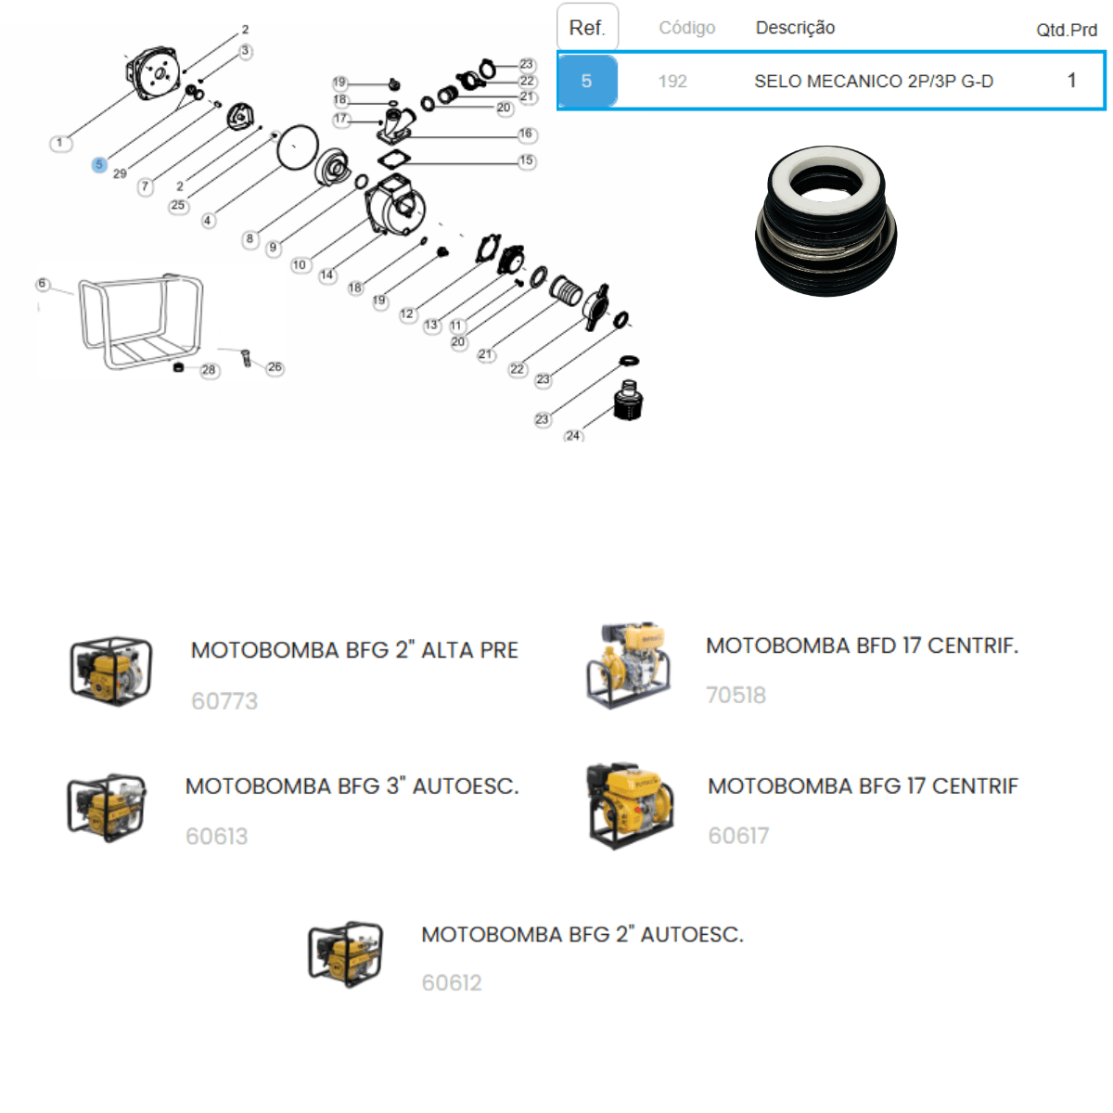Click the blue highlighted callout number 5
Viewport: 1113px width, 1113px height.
click(98, 164)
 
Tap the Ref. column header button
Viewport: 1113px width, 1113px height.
click(587, 27)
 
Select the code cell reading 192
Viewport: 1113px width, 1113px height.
click(672, 81)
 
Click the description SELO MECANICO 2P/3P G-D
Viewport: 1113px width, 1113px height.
click(874, 81)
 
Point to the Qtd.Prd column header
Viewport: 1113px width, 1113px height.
click(1067, 30)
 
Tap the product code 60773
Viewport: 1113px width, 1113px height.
click(224, 700)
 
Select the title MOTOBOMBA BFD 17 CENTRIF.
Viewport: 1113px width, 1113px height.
click(862, 646)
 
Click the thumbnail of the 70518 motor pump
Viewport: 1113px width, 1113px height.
click(629, 665)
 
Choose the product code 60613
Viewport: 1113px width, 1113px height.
click(217, 836)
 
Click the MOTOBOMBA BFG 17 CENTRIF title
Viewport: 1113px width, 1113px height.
click(863, 787)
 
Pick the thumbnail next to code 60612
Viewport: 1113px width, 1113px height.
click(345, 954)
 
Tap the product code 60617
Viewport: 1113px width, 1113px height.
click(738, 835)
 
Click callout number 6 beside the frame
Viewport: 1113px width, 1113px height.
click(42, 284)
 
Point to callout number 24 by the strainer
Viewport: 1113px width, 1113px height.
click(573, 436)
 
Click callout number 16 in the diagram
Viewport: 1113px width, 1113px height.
click(526, 134)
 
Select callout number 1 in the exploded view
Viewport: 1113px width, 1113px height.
click(60, 143)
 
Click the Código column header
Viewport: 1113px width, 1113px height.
click(687, 28)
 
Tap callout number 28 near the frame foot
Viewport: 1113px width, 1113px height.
click(209, 370)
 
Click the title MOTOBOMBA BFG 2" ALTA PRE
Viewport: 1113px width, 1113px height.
click(354, 650)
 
